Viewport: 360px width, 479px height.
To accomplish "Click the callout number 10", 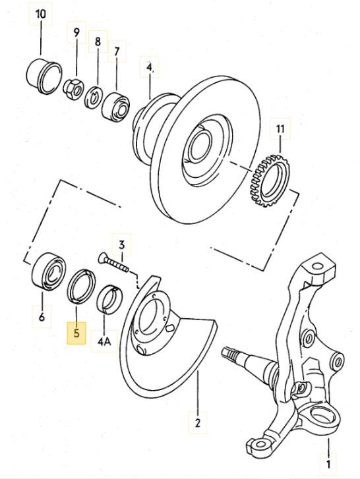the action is [x=41, y=14].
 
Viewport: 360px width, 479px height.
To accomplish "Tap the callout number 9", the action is [x=76, y=32].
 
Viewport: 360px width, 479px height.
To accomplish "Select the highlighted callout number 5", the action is [x=76, y=333].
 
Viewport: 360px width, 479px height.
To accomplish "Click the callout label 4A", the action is [x=104, y=341].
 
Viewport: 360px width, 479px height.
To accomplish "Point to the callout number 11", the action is [x=280, y=128].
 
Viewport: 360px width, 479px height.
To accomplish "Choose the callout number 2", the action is [x=197, y=423].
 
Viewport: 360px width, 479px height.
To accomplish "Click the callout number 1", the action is [x=328, y=465].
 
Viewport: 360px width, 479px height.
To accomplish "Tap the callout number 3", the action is [x=121, y=244].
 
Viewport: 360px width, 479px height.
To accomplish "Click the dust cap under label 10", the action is [x=44, y=77].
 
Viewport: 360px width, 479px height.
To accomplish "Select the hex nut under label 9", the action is [x=73, y=89].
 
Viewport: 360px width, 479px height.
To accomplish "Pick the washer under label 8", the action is [x=94, y=97].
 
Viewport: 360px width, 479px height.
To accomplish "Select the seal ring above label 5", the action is [x=81, y=286].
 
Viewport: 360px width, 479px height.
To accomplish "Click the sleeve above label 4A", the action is [x=109, y=299].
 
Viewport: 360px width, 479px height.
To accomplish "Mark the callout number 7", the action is [x=117, y=51].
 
